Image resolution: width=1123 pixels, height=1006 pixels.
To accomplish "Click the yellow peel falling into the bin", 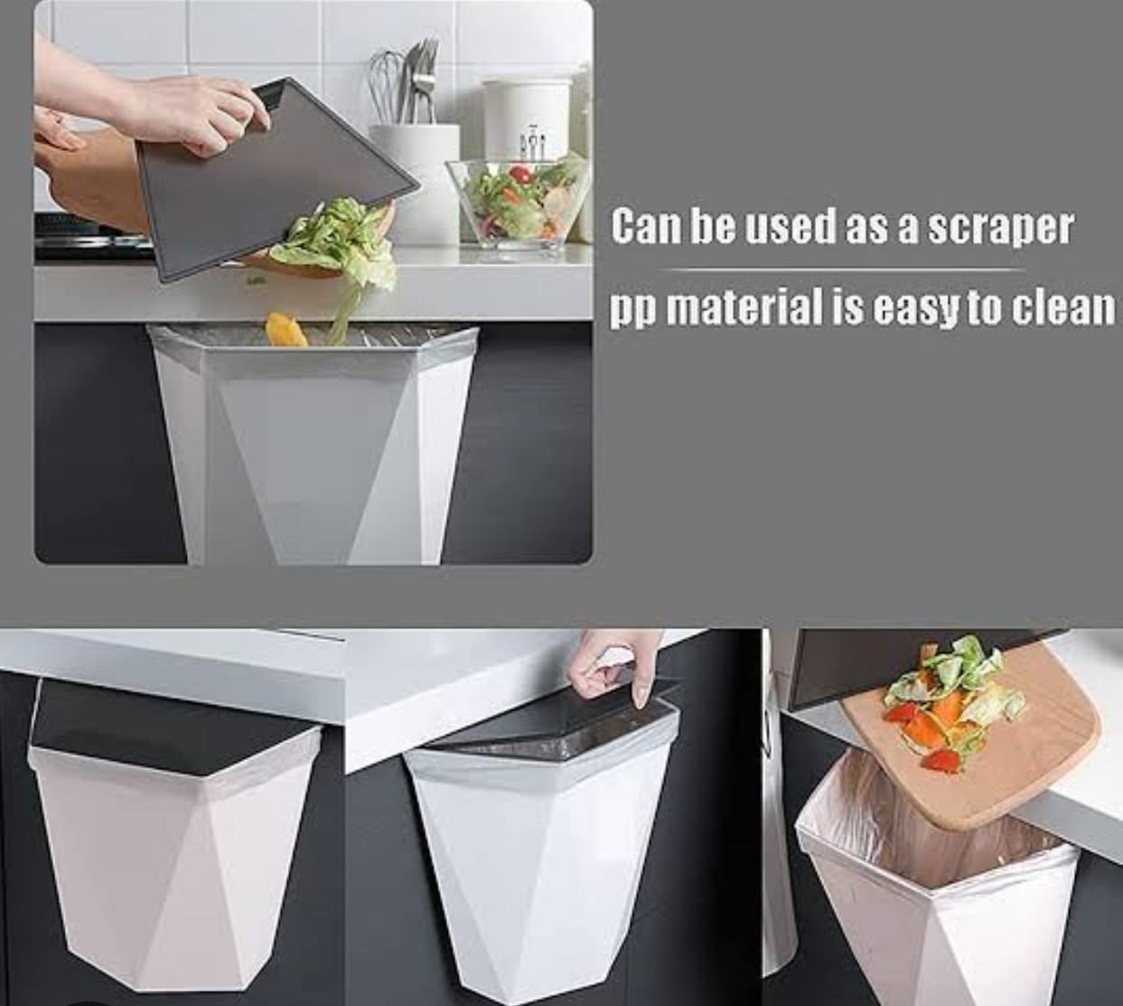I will pyautogui.click(x=282, y=329).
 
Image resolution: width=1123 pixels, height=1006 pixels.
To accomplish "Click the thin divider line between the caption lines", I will pyautogui.click(x=845, y=269).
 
